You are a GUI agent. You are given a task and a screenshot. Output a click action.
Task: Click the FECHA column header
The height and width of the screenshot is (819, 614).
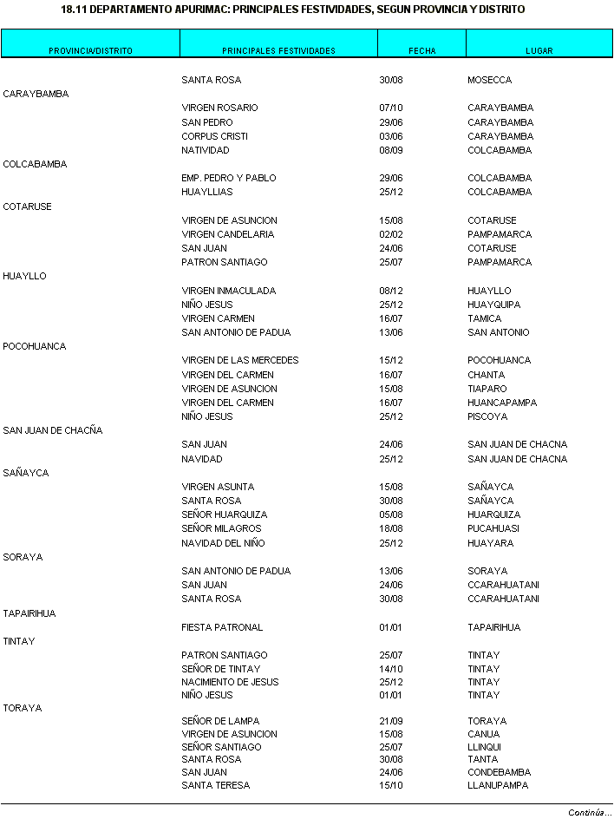421,51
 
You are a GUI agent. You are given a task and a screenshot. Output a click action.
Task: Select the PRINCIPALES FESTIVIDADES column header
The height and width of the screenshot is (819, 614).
278,51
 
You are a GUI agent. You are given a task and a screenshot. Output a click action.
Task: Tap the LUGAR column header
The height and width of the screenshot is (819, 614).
539,51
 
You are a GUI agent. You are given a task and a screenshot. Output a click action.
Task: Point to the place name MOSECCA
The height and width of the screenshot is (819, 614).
489,81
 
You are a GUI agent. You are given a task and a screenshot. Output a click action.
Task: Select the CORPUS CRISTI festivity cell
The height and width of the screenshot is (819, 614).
214,136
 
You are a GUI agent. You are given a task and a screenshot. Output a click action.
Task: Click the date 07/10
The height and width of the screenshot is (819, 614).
391,108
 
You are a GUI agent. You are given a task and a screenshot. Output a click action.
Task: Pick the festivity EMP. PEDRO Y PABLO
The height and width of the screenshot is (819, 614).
229,178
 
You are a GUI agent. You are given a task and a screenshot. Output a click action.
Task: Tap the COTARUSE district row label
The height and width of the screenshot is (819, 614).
28,206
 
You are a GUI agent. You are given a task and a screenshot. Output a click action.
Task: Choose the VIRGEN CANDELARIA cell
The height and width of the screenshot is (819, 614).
227,234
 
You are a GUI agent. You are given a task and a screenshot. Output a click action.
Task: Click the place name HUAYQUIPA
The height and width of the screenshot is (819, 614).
494,305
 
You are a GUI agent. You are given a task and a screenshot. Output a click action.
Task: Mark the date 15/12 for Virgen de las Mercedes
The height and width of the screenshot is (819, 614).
391,360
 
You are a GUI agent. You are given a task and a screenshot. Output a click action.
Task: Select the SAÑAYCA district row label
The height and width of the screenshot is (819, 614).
26,473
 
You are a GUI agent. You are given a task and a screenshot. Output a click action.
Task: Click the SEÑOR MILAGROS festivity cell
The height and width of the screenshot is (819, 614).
221,528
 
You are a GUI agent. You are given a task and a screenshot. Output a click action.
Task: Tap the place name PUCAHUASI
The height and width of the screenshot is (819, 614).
493,528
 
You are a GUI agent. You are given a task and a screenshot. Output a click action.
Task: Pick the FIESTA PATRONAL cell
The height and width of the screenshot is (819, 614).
222,627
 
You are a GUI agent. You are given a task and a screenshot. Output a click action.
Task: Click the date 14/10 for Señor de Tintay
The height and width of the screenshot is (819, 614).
391,669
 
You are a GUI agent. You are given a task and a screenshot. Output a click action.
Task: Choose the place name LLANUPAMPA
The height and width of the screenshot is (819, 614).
498,785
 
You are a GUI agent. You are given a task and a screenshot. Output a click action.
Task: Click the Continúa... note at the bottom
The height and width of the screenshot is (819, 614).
590,813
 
